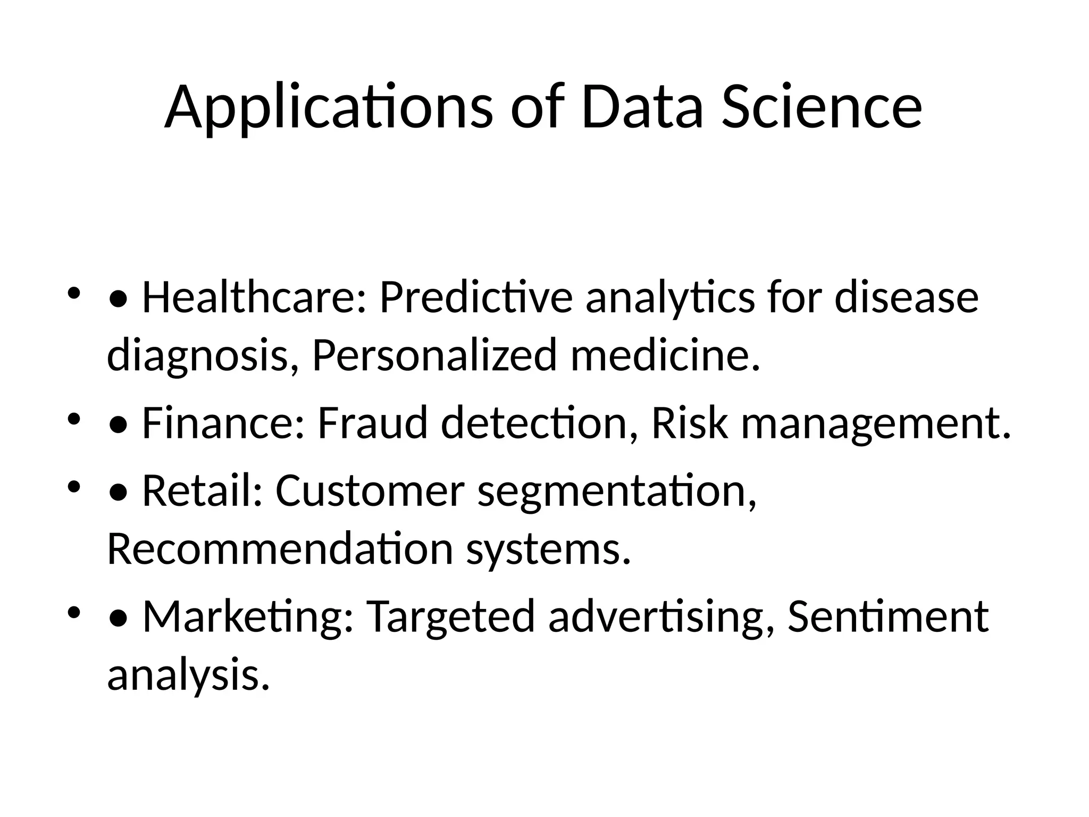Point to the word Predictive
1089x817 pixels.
point(476,297)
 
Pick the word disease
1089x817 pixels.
point(906,297)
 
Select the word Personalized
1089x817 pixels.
point(434,355)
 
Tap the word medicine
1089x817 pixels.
point(665,355)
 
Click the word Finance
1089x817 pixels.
point(223,423)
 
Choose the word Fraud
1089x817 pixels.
point(373,423)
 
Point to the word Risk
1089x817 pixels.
point(689,423)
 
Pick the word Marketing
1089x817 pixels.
point(248,617)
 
